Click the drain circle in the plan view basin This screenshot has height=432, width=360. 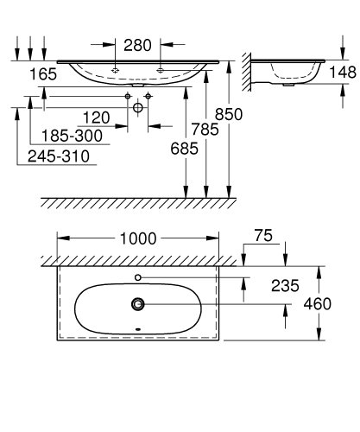137,303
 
